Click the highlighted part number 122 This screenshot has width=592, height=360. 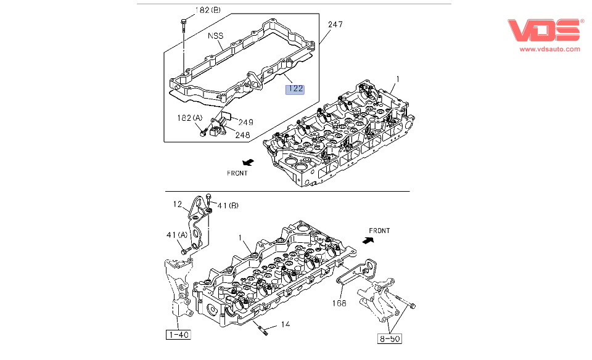295,89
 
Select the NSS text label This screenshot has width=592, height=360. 215,36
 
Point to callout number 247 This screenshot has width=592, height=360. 335,25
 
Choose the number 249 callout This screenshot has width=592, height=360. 245,122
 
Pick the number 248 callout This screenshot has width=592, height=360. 242,135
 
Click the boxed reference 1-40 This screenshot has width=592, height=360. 178,335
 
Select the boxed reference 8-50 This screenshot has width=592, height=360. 389,338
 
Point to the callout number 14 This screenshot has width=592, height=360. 286,324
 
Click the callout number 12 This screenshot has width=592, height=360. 177,204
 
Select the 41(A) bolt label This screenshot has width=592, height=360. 176,235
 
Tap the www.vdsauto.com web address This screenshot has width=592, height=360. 549,49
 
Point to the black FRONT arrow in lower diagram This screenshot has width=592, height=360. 368,242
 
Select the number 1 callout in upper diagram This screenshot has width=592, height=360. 398,79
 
